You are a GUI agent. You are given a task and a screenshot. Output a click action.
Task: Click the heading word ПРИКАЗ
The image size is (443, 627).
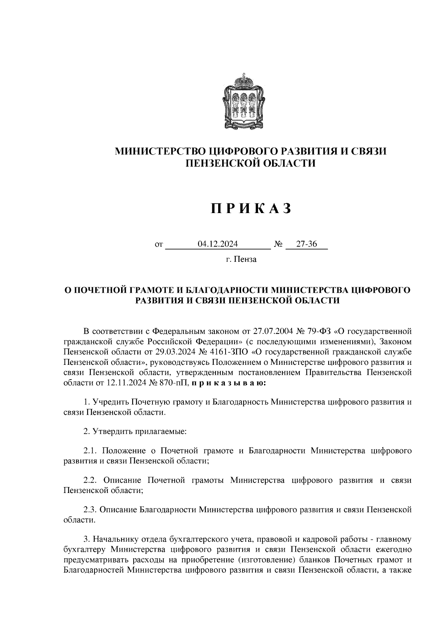pos(251,209)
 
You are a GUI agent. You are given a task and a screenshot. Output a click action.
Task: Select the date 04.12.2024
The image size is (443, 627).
pos(218,244)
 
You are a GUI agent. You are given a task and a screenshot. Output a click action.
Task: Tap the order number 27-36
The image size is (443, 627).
pos(306,244)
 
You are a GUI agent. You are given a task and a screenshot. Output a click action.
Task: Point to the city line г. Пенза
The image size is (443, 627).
pos(241,259)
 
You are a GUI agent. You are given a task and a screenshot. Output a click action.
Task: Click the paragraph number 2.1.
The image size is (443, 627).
pos(90,451)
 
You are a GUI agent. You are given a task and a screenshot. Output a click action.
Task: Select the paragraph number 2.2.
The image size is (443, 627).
pos(90,480)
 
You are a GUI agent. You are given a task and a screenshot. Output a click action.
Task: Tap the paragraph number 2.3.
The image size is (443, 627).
pos(90,510)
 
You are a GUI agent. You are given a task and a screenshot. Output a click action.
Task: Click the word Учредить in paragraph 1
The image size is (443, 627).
pos(111,402)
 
